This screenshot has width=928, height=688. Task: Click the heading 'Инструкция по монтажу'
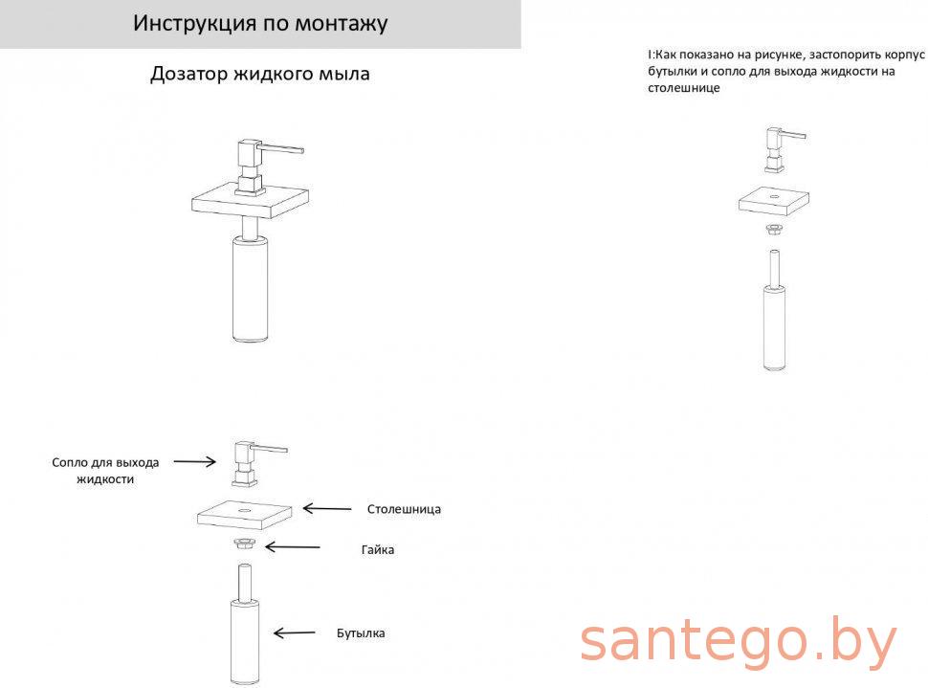pyautogui.click(x=260, y=24)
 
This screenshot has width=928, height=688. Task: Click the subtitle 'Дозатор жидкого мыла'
pyautogui.click(x=260, y=74)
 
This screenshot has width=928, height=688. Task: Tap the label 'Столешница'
pyautogui.click(x=404, y=509)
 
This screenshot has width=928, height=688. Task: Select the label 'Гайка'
pyautogui.click(x=378, y=550)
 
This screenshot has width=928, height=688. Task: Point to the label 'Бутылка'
pyautogui.click(x=361, y=633)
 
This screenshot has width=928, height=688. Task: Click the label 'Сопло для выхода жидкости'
pyautogui.click(x=105, y=471)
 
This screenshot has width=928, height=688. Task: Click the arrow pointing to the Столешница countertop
pyautogui.click(x=326, y=508)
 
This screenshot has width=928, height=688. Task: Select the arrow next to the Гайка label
pyautogui.click(x=293, y=547)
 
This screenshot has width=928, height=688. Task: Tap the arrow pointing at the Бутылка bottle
pyautogui.click(x=294, y=633)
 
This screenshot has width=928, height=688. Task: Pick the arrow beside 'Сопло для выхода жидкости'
pyautogui.click(x=195, y=461)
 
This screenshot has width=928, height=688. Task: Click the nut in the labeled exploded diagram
pyautogui.click(x=244, y=543)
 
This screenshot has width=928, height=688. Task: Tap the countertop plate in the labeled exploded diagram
pyautogui.click(x=244, y=515)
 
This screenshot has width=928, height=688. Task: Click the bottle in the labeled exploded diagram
pyautogui.click(x=244, y=625)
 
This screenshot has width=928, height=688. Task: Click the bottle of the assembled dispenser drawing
pyautogui.click(x=251, y=289)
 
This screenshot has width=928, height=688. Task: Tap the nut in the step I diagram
pyautogui.click(x=774, y=229)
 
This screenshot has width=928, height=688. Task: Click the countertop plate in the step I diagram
pyautogui.click(x=774, y=201)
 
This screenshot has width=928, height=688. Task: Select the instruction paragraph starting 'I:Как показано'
pyautogui.click(x=786, y=71)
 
